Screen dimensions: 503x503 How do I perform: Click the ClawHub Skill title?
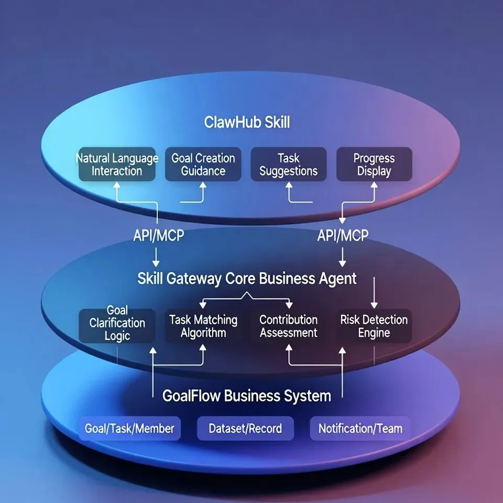tap(247, 123)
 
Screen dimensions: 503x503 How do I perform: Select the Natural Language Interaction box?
tap(117, 165)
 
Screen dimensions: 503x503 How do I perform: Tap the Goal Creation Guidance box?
tap(203, 165)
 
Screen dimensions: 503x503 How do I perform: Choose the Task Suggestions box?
tap(289, 165)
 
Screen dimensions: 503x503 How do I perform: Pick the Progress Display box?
tap(374, 165)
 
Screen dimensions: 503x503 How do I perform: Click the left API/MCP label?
tap(158, 235)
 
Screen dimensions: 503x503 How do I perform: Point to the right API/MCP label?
tap(343, 235)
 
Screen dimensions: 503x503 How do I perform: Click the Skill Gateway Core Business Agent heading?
tap(247, 278)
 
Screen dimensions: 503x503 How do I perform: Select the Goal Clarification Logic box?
tap(117, 323)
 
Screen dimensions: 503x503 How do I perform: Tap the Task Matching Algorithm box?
tap(203, 326)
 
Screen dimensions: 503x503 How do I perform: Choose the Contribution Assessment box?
tap(289, 326)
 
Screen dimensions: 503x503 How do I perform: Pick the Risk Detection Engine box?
tap(374, 326)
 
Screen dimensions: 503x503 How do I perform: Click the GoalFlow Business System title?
tap(247, 396)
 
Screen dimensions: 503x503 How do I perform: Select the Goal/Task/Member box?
tap(129, 429)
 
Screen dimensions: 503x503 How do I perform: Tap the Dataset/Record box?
tap(245, 429)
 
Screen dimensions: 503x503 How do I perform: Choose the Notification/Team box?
tap(360, 429)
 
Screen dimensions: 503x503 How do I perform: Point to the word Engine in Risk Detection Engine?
tap(374, 333)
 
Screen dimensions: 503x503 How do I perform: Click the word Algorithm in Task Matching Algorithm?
tap(203, 333)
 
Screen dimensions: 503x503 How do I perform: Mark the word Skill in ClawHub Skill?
tap(277, 123)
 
